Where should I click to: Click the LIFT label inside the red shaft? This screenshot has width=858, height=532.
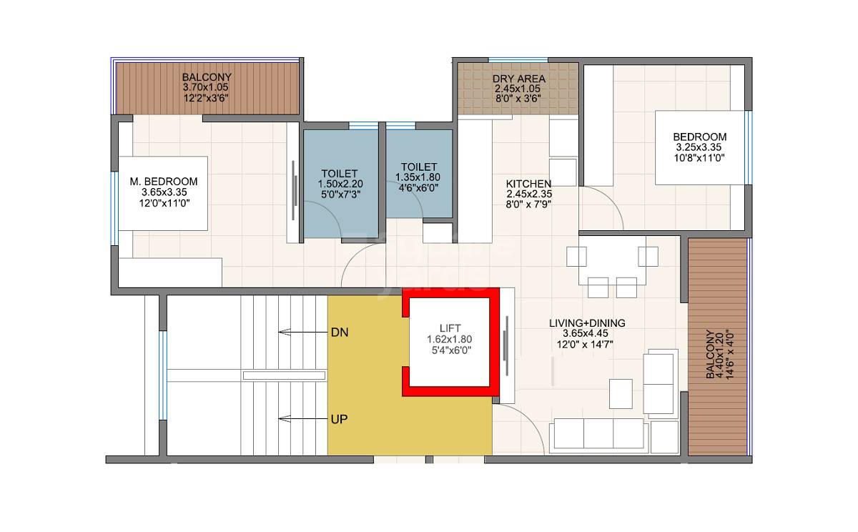[x=450, y=327]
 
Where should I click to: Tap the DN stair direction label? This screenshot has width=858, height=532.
[x=339, y=332]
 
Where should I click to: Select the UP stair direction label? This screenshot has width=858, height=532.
[x=339, y=419]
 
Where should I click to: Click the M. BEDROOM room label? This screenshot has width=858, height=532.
[x=164, y=182]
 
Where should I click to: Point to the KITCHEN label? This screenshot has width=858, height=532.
[x=529, y=183]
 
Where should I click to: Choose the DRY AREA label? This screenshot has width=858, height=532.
[x=520, y=79]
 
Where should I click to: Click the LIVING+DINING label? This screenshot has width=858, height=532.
[x=587, y=323]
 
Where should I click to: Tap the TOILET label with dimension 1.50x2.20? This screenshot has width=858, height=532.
[x=340, y=174]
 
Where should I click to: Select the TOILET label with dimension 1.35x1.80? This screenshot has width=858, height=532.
[x=419, y=167]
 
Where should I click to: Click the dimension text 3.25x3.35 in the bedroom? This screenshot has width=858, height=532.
[x=699, y=147]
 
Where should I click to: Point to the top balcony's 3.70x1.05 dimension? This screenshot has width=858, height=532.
[x=206, y=88]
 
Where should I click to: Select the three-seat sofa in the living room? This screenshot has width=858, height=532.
[x=598, y=433]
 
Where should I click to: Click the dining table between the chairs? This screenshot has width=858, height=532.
[x=612, y=261]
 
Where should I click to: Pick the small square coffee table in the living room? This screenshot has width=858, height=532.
[x=620, y=393]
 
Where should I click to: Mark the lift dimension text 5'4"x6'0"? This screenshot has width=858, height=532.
[x=450, y=350]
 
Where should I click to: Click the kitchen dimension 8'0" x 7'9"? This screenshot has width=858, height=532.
[x=529, y=204]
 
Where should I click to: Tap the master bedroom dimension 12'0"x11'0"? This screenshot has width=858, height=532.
[x=164, y=203]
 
